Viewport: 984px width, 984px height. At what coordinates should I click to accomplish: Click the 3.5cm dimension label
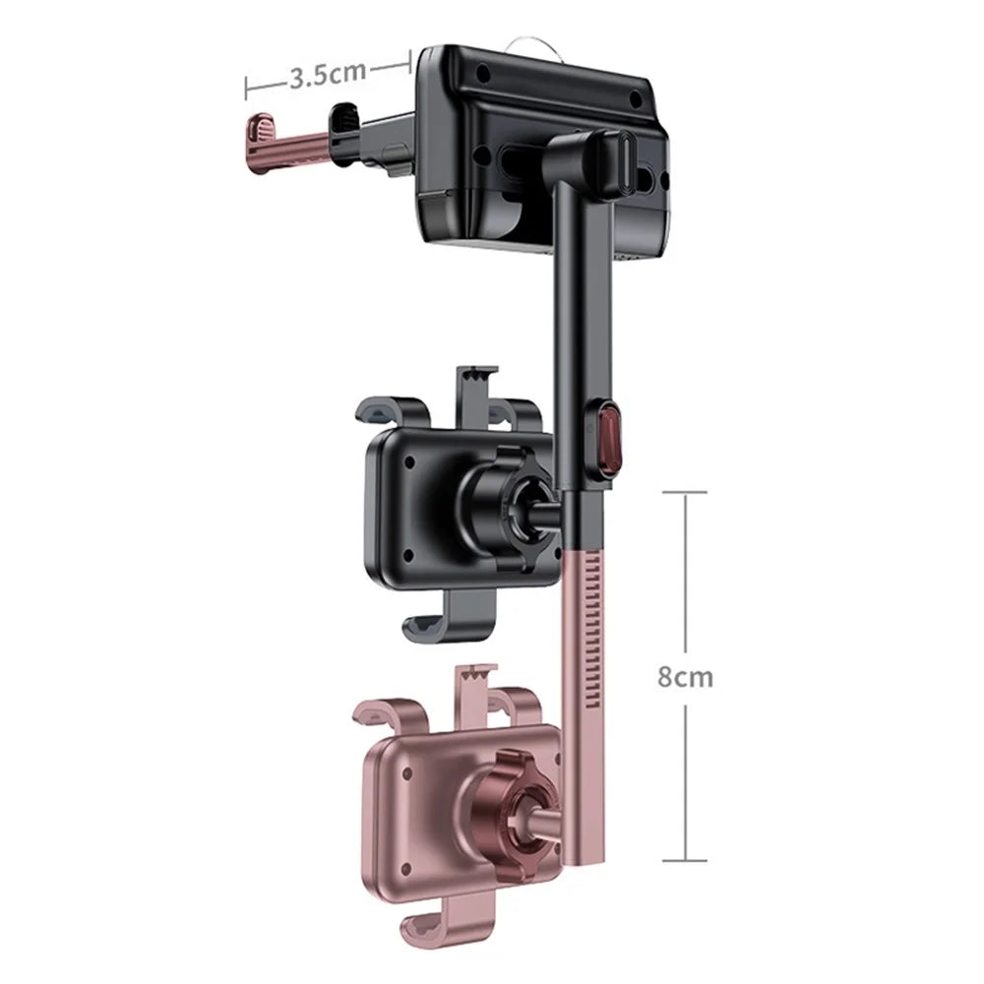pyautogui.click(x=327, y=74)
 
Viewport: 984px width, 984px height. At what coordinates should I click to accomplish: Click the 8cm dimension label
pyautogui.click(x=685, y=677)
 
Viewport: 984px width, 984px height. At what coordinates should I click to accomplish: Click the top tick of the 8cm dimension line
pyautogui.click(x=685, y=493)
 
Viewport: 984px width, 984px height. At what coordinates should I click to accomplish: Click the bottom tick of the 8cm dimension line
pyautogui.click(x=685, y=860)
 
